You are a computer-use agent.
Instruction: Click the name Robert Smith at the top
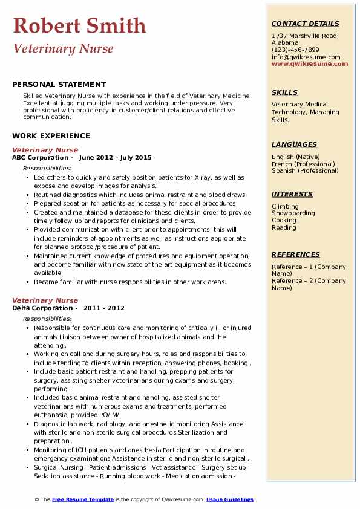click(79, 25)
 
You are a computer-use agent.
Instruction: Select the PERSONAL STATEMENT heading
click(59, 85)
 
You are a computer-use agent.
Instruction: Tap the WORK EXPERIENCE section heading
click(51, 136)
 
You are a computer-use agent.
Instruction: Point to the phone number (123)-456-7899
click(295, 50)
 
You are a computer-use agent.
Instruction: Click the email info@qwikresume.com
click(306, 57)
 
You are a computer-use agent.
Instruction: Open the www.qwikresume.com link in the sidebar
click(310, 63)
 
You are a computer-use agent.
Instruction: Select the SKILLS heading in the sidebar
click(284, 92)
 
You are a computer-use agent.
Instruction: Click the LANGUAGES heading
click(294, 144)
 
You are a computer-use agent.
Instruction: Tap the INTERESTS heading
click(292, 194)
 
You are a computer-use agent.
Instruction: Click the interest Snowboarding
click(293, 213)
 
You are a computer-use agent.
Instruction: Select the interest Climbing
click(285, 206)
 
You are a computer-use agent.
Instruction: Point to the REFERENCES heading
click(296, 254)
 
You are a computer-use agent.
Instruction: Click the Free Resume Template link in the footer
click(83, 499)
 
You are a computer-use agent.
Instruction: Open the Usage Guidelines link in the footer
click(230, 499)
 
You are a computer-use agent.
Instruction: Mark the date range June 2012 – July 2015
click(115, 157)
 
